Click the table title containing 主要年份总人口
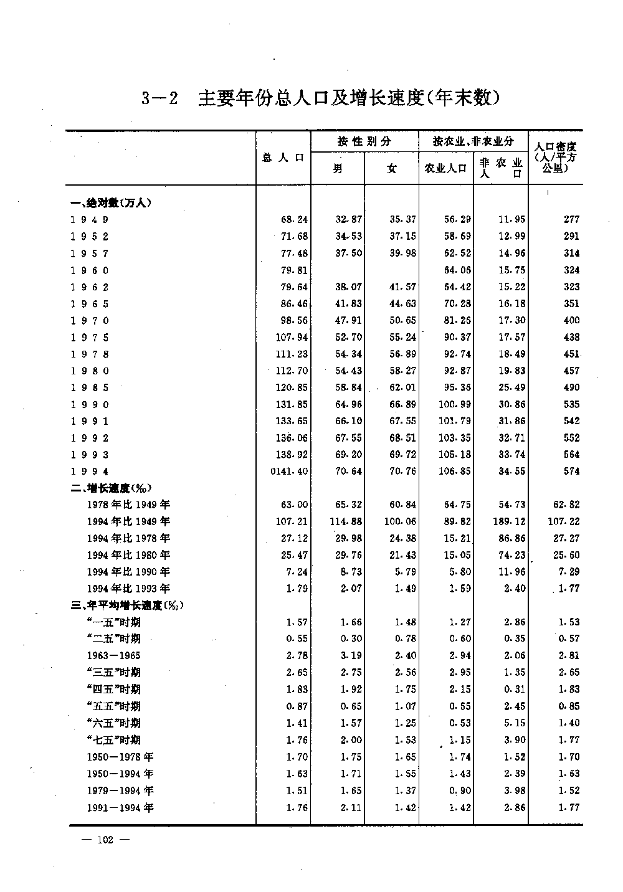coord(321,98)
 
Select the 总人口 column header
coord(283,158)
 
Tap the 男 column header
coord(338,168)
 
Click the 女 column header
coord(391,168)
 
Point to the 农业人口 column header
coord(445,168)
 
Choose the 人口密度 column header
coord(555,158)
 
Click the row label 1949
coord(90,219)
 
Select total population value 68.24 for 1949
coord(295,219)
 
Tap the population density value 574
coord(571,472)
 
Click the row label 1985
coord(90,387)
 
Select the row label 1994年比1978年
coord(128,538)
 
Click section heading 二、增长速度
coord(112,488)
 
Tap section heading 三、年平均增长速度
coord(127,605)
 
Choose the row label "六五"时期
coord(114,723)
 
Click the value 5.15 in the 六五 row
coord(515,723)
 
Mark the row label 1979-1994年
coord(120,791)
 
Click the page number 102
coord(105,840)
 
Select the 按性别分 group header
coord(364,141)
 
